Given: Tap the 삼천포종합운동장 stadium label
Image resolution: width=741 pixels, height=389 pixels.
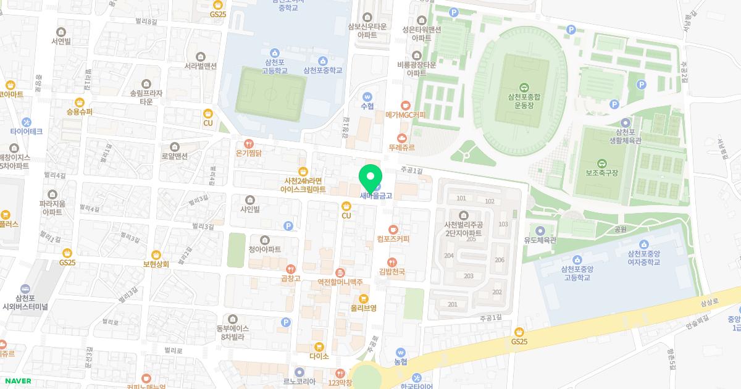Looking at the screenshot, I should click(x=524, y=101).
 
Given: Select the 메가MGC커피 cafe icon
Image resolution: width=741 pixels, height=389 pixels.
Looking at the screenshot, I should click(x=406, y=105).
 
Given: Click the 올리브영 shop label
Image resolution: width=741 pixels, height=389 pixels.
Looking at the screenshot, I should click(x=364, y=307).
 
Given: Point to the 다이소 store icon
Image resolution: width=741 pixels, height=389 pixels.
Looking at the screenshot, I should click(x=319, y=346).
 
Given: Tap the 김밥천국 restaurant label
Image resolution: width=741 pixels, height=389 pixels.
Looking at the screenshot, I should click(x=391, y=271).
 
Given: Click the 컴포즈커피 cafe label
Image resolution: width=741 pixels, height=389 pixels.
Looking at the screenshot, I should click(x=393, y=238).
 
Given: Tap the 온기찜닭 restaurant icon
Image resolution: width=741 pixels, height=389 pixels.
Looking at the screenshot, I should click(x=249, y=143).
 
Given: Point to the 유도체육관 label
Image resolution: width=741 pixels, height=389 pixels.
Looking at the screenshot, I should click(x=540, y=240).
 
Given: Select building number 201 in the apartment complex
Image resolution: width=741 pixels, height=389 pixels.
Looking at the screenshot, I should click(x=453, y=304).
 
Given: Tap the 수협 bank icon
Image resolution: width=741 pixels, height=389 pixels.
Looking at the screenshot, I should click(x=367, y=97).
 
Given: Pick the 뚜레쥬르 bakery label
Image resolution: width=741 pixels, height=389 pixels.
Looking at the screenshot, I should click(x=401, y=148).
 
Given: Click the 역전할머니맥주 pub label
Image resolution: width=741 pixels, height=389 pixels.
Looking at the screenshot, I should click(x=340, y=282).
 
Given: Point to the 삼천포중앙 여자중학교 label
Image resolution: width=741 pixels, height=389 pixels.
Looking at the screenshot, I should click(x=643, y=257).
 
